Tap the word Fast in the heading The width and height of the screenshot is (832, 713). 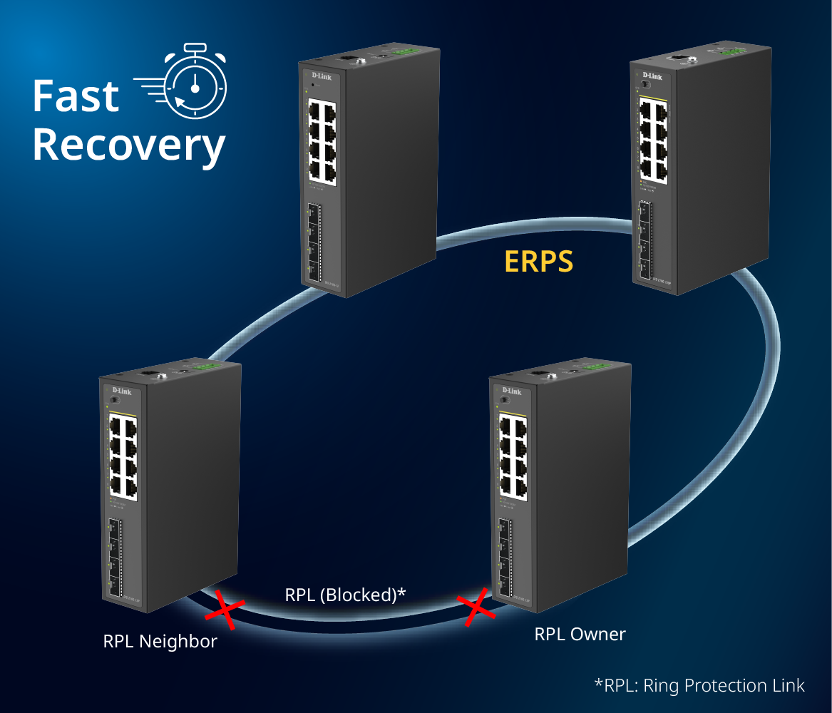coord(76,96)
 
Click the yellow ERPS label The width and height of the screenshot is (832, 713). coord(538,262)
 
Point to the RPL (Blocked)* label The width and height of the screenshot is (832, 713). coord(345,595)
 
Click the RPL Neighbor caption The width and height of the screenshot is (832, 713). coord(160,641)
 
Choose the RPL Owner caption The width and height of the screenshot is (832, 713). coord(580,634)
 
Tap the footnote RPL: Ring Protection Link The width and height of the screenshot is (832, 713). coord(699,686)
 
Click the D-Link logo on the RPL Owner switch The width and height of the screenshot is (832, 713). coord(511,391)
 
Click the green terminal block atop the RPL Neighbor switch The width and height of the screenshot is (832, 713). coord(207,366)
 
